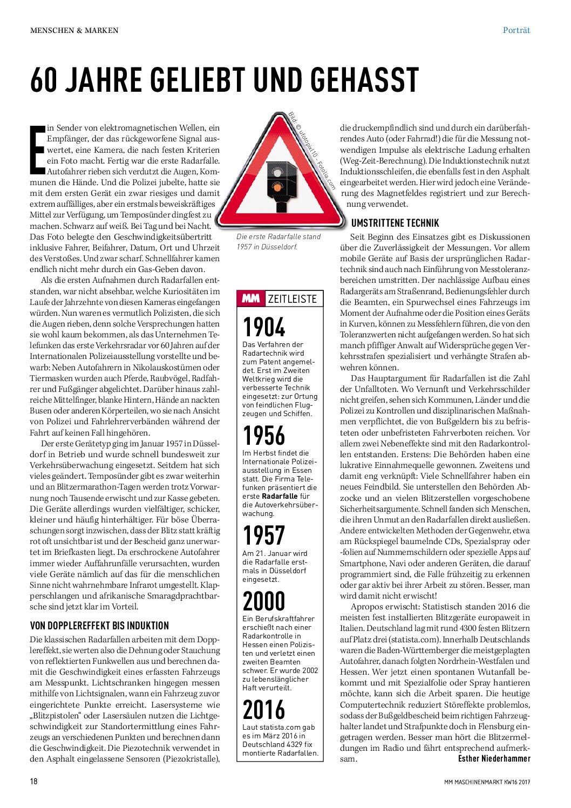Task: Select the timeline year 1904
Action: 264,327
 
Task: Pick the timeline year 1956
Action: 264,436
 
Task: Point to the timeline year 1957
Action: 264,536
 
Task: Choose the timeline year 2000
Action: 264,601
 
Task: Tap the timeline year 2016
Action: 264,710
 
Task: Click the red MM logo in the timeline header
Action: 251,298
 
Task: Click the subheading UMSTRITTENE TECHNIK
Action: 395,223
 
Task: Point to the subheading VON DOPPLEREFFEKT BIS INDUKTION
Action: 99,626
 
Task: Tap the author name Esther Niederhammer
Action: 494,758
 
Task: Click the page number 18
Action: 33,781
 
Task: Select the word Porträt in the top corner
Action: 516,30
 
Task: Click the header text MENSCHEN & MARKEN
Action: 74,30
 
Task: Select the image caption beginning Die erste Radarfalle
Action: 278,242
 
